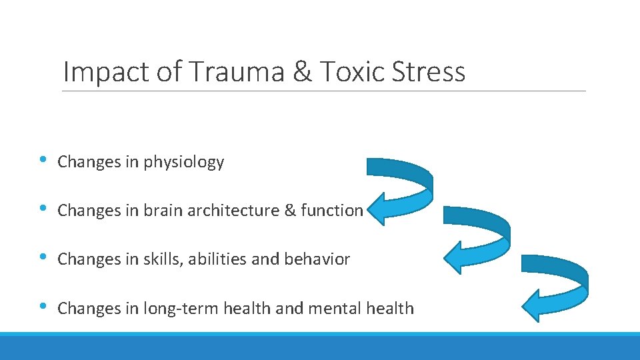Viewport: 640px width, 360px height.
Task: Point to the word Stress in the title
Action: click(x=425, y=71)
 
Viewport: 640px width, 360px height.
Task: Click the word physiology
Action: click(x=184, y=162)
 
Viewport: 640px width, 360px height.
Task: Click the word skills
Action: click(x=161, y=259)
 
